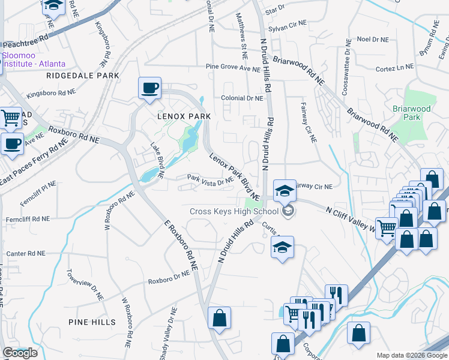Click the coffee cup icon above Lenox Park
point(149,88)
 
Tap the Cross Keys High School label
point(234,211)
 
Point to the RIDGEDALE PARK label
point(83,76)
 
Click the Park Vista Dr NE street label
point(209,179)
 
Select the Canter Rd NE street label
point(25,254)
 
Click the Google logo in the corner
point(20,353)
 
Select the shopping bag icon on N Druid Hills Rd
point(220,317)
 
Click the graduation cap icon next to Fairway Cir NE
point(285,191)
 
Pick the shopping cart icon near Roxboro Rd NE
point(10,118)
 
